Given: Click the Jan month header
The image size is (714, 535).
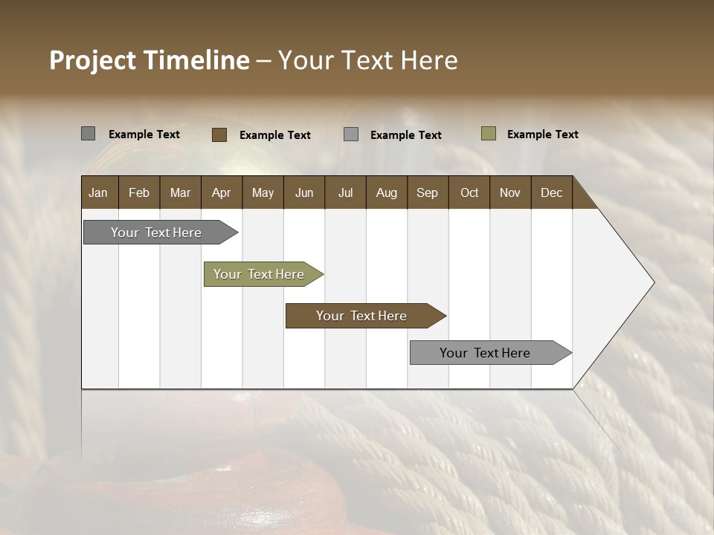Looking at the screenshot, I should tap(98, 193).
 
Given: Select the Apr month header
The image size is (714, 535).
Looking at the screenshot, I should tap(221, 193).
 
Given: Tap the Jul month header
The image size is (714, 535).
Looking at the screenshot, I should tap(345, 193).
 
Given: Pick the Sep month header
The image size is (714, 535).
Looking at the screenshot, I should tap(427, 193).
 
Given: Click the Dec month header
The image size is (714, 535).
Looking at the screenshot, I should tap(551, 193).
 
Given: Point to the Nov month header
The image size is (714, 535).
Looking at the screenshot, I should tap(509, 193).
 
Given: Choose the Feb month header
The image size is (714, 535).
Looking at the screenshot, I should tap(139, 193).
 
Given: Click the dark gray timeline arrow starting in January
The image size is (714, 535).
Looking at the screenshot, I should tap(156, 233).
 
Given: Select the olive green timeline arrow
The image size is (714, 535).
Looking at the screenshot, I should tap(259, 274).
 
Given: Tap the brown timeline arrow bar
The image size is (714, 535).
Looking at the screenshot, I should tap(361, 316).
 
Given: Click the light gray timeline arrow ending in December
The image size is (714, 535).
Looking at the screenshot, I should tap(485, 353).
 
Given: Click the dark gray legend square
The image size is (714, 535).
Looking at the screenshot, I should tap(88, 134).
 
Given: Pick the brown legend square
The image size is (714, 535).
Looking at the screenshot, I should tap(219, 134).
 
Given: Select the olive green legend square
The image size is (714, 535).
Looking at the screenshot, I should tap(488, 134).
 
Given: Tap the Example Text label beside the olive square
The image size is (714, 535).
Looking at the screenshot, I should tap(542, 134).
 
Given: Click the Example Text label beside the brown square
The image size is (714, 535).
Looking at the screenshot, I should tap(274, 135).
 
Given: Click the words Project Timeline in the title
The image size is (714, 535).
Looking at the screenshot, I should tap(149, 60).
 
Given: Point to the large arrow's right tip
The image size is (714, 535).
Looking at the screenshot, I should tap(652, 282).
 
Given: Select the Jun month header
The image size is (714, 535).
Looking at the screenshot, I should tap(303, 193).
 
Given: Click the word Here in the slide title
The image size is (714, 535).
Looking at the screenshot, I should tap(429, 60).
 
